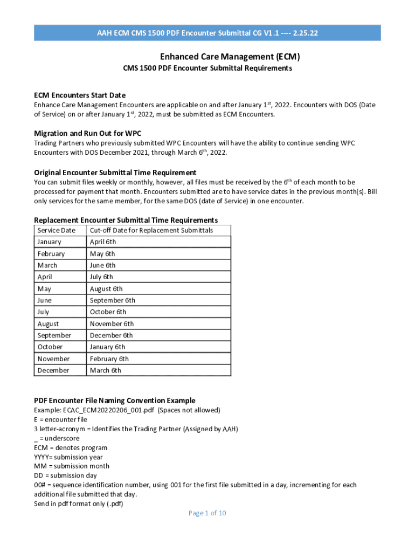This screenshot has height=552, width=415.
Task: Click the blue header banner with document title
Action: (x=207, y=33)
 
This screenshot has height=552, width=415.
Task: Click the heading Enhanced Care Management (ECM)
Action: (x=230, y=57)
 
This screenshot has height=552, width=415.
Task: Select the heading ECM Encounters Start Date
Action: (x=80, y=95)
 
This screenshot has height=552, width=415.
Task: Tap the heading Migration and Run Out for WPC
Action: (x=87, y=133)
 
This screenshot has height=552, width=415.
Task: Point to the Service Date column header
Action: (x=56, y=230)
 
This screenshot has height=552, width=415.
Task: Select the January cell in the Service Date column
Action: (x=49, y=242)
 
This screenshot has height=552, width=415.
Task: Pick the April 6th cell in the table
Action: (x=103, y=242)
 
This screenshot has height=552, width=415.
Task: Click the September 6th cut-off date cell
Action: (x=113, y=300)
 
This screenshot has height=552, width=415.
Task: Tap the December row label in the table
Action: (x=53, y=370)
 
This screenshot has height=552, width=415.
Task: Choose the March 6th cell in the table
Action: (x=106, y=370)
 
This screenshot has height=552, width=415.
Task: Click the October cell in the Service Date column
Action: (x=50, y=347)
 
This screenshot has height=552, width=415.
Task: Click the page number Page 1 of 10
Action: (x=207, y=513)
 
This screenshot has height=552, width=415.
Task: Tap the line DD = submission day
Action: (x=65, y=475)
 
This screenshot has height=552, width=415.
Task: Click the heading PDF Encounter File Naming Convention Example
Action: (x=115, y=401)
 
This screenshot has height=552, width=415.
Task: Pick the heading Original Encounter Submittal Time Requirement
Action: (x=115, y=172)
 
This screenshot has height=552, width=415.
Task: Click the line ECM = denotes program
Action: (x=71, y=447)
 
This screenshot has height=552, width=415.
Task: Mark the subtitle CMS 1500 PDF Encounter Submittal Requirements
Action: (x=207, y=68)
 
